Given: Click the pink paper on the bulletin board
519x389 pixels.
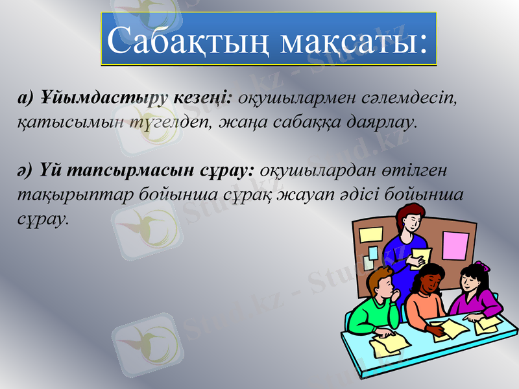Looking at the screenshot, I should (x=455, y=244).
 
